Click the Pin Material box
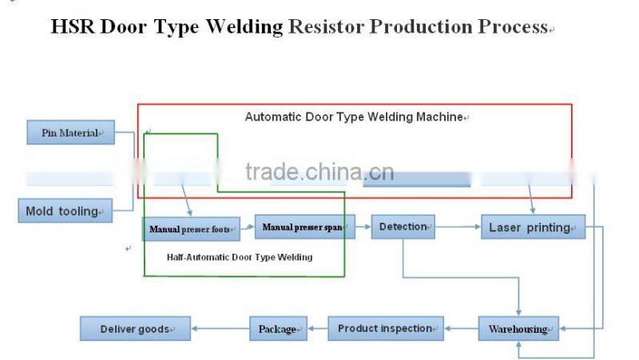pos(70,133)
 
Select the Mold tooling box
pos(65,211)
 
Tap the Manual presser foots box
pos(191,229)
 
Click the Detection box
pos(403,227)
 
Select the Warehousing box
pos(518,329)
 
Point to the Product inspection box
pos(385,328)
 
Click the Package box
pos(278,328)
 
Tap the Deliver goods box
pos(135,328)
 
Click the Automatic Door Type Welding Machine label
pos(355,117)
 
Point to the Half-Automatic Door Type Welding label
pos(240,257)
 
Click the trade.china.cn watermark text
pos(319,172)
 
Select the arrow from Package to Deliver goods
pos(220,328)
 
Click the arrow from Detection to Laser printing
pos(458,227)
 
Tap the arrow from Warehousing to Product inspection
pos(460,328)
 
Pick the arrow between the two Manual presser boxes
pos(247,228)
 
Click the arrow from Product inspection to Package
pos(317,328)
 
